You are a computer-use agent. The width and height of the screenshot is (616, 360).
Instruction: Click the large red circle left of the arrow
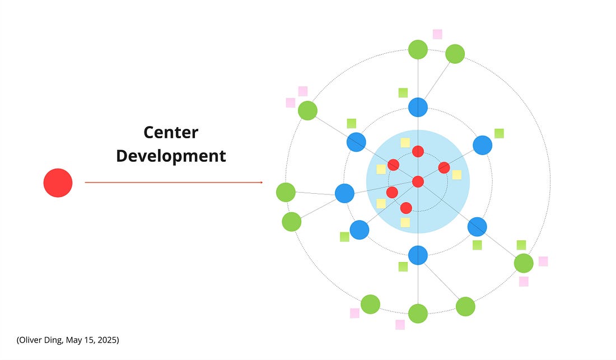[58, 183]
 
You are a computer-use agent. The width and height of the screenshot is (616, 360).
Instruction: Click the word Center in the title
[171, 133]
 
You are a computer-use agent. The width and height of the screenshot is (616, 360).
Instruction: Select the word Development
[171, 156]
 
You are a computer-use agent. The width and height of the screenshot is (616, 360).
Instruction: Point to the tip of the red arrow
[262, 183]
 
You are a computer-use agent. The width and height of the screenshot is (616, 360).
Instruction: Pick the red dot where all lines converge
[418, 181]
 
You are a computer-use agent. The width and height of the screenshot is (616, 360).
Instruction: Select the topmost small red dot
[418, 151]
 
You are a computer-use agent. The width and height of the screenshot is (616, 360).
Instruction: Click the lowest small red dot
[406, 208]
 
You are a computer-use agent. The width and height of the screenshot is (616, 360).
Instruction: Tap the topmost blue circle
[418, 107]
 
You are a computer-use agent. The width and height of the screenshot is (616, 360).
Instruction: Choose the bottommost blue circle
[418, 255]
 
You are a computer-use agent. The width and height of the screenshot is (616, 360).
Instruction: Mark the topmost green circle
[418, 49]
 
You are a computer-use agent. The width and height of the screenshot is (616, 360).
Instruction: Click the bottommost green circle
[418, 314]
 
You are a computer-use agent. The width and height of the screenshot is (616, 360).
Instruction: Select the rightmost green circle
[524, 263]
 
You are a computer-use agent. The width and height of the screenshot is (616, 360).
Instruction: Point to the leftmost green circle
[286, 193]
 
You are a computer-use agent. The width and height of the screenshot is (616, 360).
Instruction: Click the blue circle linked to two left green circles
[344, 193]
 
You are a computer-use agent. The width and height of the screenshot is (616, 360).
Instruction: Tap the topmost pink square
[437, 34]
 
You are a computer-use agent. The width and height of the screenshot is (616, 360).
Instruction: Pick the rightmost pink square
[543, 261]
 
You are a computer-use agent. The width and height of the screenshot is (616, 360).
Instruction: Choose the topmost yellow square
[405, 142]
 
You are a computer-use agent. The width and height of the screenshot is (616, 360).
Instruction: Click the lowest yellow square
[405, 222]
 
